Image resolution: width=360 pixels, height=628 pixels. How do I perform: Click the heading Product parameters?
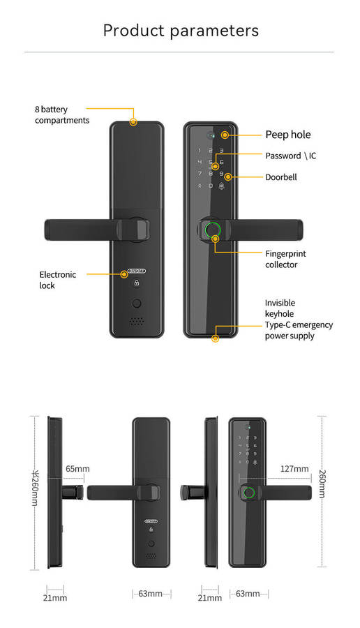pos(181,31)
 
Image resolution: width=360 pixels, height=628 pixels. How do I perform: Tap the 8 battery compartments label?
pos(62,115)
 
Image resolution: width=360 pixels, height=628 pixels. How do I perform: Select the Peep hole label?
pos(287,135)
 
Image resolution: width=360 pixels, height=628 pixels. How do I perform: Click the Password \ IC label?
pos(290,156)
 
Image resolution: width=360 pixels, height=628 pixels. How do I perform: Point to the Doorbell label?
pos(280,177)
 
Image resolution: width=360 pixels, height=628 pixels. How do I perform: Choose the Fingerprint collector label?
pos(285,259)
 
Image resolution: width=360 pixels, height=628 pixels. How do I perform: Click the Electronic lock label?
pos(57,280)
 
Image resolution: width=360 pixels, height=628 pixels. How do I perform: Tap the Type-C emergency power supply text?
pos(299,330)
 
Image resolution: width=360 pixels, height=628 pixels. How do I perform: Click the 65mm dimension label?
pos(77,469)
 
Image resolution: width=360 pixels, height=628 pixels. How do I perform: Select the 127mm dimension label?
pos(294,469)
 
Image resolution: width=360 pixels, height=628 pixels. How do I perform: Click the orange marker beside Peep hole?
pos(225,135)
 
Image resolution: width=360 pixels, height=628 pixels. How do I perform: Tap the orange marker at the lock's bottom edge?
pos(215,338)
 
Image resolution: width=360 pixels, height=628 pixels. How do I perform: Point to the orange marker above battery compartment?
pos(133,122)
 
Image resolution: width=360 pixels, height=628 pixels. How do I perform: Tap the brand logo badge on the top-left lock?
pos(137,272)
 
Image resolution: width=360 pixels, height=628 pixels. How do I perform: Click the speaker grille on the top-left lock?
pos(137,322)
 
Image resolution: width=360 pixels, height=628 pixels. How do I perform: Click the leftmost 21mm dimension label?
pos(55,597)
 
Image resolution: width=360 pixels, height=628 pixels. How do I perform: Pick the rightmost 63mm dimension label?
pos(248,594)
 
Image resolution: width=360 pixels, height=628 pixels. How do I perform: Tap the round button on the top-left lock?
pos(137,304)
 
